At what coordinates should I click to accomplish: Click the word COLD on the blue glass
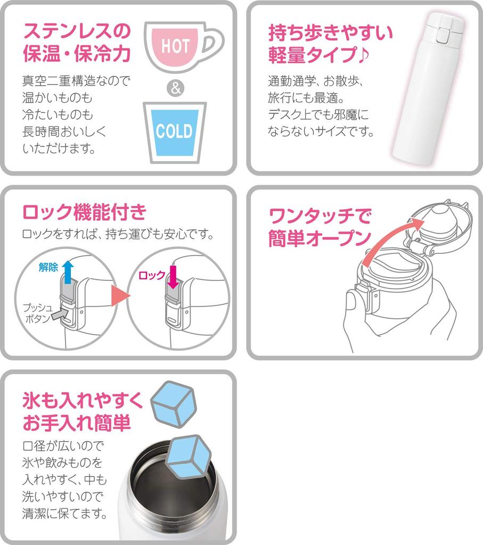tap(174, 131)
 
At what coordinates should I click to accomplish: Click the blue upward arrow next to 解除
tap(67, 271)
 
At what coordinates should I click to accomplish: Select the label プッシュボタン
tap(37, 313)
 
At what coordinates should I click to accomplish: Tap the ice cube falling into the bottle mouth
tap(189, 456)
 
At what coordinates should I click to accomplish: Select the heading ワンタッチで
tap(320, 216)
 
